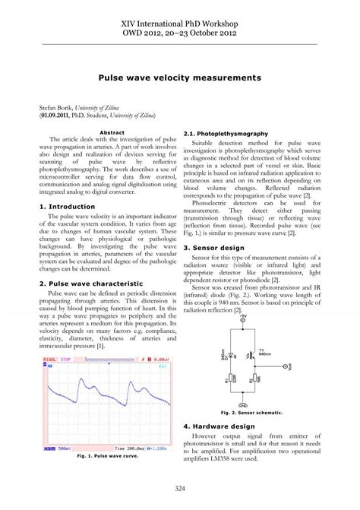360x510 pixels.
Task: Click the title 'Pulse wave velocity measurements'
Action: coord(179,78)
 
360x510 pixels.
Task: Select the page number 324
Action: coord(179,487)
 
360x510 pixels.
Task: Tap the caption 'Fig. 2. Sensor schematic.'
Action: coord(251,413)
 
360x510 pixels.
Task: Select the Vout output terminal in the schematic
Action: coord(284,366)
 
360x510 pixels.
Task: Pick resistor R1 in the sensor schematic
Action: coord(231,378)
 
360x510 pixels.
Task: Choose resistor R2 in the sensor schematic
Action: coord(254,378)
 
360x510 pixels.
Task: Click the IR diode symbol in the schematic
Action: coord(231,354)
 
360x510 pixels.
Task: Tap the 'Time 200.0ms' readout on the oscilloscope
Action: coord(116,448)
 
